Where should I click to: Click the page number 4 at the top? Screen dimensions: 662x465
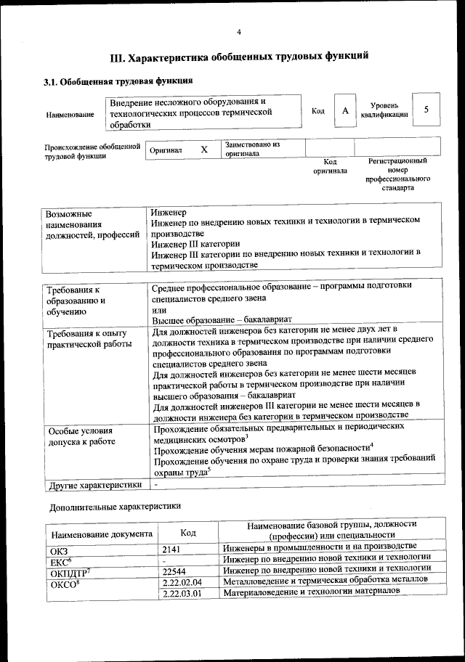tap(238, 31)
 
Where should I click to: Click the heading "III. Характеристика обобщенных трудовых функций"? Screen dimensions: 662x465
tap(238, 56)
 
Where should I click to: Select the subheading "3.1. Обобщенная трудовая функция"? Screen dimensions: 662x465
tap(118, 81)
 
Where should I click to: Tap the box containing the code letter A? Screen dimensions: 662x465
tap(345, 111)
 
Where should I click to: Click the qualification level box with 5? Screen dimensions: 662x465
tap(426, 110)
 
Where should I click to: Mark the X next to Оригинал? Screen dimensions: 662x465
tap(204, 149)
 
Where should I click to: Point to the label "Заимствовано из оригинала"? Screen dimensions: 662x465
tap(252, 149)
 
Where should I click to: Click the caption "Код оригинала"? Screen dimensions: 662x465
tap(330, 166)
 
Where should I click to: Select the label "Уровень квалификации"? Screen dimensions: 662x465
tap(384, 110)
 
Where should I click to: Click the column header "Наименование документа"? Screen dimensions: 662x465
tap(101, 533)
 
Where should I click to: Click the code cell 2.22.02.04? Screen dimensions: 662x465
tap(182, 582)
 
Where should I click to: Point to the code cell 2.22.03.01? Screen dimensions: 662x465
tap(182, 593)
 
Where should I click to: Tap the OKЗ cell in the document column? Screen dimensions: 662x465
tap(58, 547)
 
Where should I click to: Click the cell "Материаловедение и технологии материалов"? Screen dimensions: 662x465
tap(312, 593)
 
